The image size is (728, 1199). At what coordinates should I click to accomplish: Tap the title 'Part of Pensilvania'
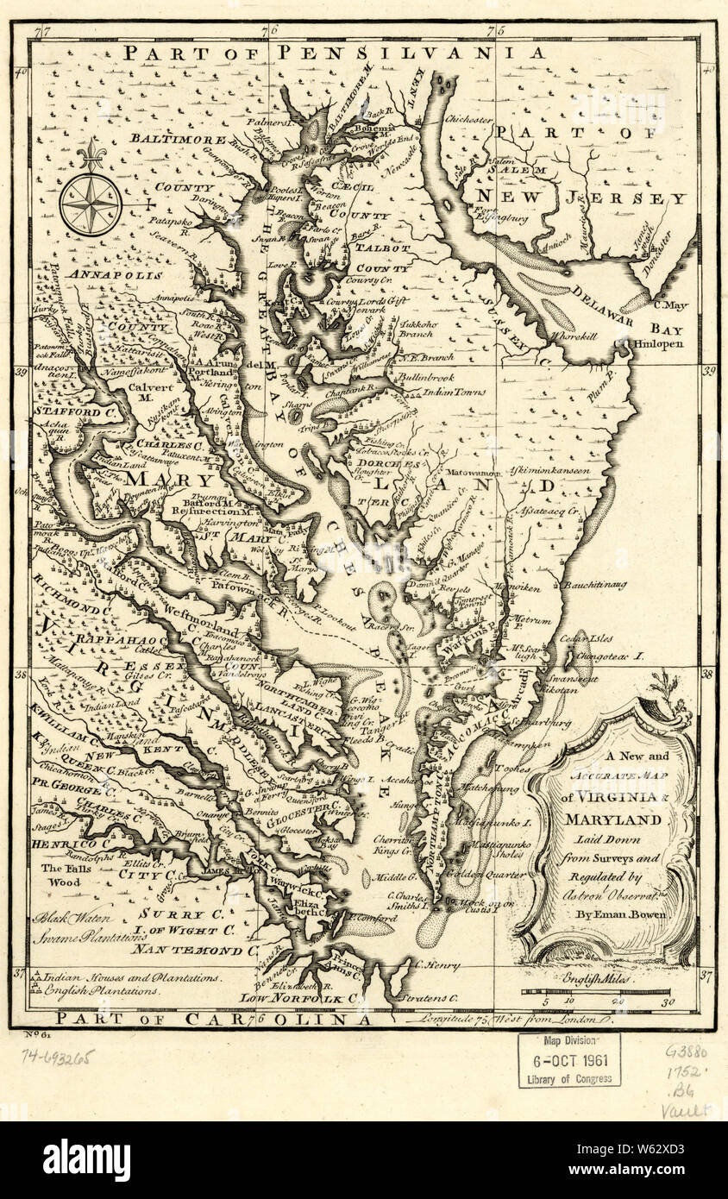pyautogui.click(x=333, y=53)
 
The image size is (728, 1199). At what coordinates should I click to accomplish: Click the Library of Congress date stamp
pyautogui.click(x=568, y=1060)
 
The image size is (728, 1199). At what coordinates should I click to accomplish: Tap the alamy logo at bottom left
pyautogui.click(x=87, y=1159)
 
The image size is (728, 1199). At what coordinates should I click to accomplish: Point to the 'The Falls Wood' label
pyautogui.click(x=63, y=876)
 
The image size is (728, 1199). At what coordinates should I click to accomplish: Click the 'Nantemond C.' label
pyautogui.click(x=195, y=951)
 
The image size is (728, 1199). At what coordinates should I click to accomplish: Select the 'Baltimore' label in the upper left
pyautogui.click(x=179, y=138)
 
